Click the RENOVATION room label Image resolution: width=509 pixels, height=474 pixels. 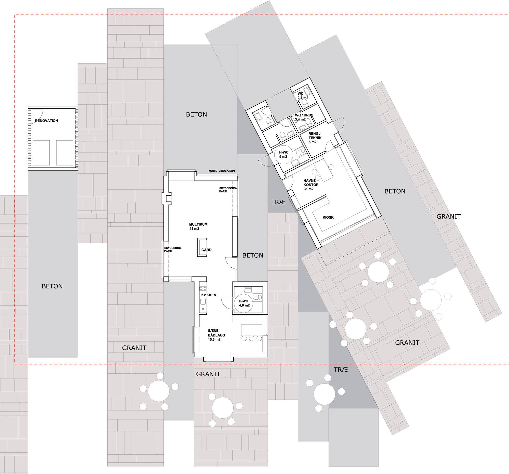(46, 121)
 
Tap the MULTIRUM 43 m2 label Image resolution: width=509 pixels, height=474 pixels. (198, 226)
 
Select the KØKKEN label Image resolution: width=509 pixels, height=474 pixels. (209, 295)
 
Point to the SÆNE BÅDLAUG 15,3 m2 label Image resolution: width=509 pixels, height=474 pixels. (216, 335)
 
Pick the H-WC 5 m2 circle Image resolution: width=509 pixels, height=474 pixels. (284, 155)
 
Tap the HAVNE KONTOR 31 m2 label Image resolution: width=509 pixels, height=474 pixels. (311, 185)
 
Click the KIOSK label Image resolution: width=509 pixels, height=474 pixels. (328, 217)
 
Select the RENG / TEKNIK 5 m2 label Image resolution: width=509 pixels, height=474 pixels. (315, 137)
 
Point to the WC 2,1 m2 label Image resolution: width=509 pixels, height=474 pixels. (303, 96)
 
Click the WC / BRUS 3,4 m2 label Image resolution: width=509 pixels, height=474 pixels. (304, 117)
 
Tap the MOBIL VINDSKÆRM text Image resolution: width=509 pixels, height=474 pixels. (221, 171)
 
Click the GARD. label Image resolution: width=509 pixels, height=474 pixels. (207, 250)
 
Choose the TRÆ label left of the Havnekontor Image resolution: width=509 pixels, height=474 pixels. (278, 202)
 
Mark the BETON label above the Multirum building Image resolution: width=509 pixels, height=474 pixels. (196, 114)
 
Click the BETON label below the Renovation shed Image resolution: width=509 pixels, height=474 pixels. (52, 286)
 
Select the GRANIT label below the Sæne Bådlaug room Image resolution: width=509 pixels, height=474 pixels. (208, 374)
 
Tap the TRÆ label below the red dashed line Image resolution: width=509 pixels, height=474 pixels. (341, 370)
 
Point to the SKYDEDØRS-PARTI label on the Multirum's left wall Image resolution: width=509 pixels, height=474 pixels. (173, 249)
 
